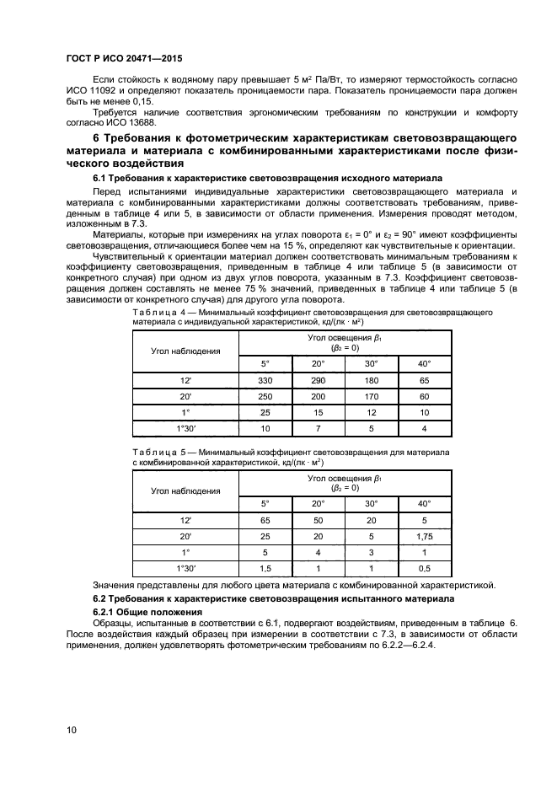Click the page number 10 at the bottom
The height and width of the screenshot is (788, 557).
72,731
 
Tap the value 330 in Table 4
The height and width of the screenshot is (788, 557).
265,382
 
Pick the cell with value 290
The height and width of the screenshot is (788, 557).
318,382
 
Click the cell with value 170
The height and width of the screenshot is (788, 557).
372,397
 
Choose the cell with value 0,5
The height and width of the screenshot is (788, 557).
425,569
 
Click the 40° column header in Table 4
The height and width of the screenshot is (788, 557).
425,363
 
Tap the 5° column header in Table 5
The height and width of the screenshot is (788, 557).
265,504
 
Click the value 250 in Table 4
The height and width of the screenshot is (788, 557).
265,397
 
